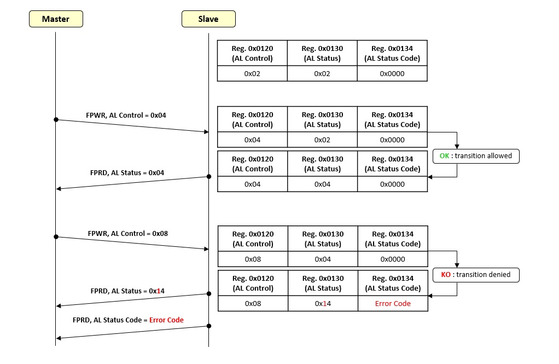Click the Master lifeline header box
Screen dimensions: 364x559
56,19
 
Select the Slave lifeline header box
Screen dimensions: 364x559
208,19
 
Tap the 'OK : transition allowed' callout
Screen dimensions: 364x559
476,156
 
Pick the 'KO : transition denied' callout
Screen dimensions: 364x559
476,275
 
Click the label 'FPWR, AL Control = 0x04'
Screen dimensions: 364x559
126,115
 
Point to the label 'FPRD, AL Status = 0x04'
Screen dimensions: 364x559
126,172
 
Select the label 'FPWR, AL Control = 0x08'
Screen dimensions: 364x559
127,233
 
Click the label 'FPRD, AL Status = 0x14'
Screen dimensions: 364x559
127,291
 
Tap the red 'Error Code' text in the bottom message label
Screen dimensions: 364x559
166,320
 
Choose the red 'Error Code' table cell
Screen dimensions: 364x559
393,303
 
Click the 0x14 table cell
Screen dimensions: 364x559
323,303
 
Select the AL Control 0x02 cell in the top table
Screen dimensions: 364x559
252,73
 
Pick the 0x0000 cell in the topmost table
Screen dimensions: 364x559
392,73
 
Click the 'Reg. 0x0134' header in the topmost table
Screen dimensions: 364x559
392,53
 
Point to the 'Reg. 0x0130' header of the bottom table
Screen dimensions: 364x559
323,283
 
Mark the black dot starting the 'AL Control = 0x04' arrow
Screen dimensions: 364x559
56,119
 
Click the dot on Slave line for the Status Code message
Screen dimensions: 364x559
208,326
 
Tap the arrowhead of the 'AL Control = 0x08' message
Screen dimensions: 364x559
206,249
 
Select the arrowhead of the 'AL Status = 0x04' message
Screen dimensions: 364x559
59,189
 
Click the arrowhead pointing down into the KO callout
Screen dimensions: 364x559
457,265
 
